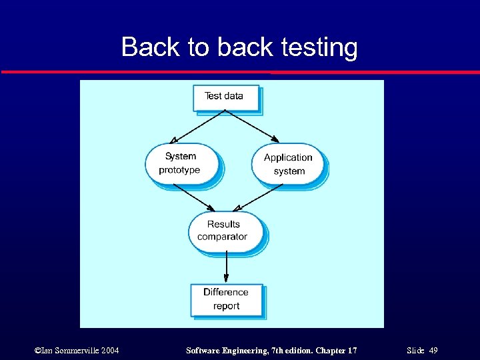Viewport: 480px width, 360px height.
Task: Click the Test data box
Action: pyautogui.click(x=225, y=97)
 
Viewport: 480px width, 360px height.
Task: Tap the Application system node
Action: pyautogui.click(x=288, y=164)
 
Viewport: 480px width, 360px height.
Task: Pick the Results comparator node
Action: pyautogui.click(x=223, y=231)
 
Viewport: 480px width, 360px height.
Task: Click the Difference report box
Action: pyautogui.click(x=226, y=299)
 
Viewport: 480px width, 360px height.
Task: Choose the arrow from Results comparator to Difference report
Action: pyautogui.click(x=226, y=267)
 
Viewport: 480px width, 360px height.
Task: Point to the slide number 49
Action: pyautogui.click(x=433, y=351)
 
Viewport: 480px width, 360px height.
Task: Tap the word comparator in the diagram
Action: pyautogui.click(x=223, y=237)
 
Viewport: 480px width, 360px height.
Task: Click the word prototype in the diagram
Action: pyautogui.click(x=179, y=171)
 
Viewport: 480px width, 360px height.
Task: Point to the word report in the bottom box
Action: pyautogui.click(x=226, y=307)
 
